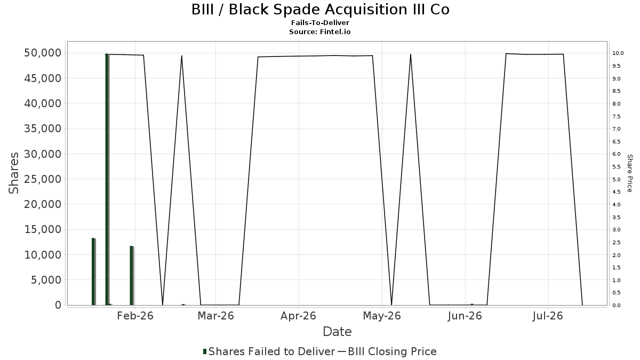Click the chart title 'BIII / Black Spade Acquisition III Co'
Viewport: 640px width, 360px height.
click(x=321, y=10)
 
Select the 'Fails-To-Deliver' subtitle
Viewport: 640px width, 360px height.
click(x=320, y=22)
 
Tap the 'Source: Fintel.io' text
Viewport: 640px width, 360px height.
click(x=319, y=31)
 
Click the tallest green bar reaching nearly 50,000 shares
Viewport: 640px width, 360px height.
click(x=107, y=179)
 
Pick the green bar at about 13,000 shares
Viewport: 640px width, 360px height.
click(x=93, y=271)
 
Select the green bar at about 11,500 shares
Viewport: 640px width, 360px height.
click(x=131, y=275)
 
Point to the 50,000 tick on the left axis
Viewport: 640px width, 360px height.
click(x=43, y=53)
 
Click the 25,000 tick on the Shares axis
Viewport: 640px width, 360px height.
click(x=43, y=179)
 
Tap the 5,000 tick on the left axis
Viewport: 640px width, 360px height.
click(x=46, y=280)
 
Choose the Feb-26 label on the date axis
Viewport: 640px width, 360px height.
click(x=135, y=316)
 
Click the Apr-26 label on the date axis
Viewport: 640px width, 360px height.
click(x=298, y=316)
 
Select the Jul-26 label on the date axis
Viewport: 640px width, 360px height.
click(x=548, y=316)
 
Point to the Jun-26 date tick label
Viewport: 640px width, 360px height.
click(x=465, y=316)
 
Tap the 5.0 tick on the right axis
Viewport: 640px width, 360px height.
click(x=617, y=179)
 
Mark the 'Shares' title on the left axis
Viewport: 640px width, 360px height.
click(x=13, y=173)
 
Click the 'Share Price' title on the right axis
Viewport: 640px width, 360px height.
click(x=629, y=173)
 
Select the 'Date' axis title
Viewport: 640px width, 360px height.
click(x=337, y=332)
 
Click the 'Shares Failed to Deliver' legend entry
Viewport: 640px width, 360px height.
click(x=269, y=351)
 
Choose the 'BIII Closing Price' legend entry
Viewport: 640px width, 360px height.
click(x=387, y=351)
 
